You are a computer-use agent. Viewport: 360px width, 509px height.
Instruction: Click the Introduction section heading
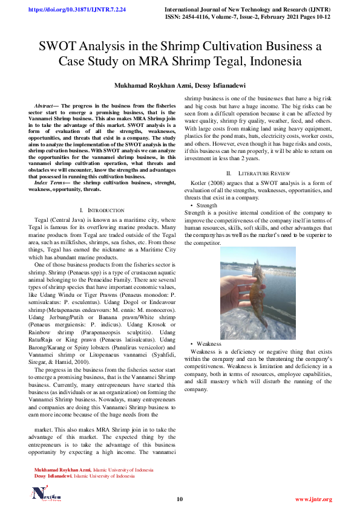(106, 210)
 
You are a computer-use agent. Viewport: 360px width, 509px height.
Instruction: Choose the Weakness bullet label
(209, 343)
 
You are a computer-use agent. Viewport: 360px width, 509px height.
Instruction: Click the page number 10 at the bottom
(180, 499)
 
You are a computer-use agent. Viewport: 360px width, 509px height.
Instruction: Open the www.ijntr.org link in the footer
(313, 499)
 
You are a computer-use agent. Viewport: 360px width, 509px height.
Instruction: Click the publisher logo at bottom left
(47, 493)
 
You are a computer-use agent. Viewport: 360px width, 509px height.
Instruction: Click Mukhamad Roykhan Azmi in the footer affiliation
(62, 470)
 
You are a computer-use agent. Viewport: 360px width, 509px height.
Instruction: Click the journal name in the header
(248, 10)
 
